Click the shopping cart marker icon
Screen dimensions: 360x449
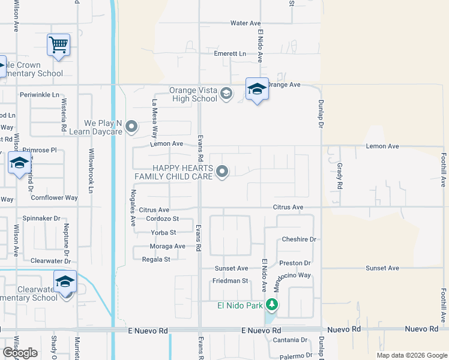tap(58, 44)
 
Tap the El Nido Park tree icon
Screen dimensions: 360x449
tap(272, 305)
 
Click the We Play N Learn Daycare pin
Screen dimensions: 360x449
tap(132, 127)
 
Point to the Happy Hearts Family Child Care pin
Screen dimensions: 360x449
tap(222, 172)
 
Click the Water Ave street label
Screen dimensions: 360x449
tap(245, 23)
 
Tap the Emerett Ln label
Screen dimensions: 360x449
tap(231, 54)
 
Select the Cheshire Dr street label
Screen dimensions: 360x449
tap(299, 239)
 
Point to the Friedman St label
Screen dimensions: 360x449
tap(230, 281)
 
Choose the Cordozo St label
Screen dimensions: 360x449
tap(162, 219)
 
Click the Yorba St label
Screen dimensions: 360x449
tap(164, 232)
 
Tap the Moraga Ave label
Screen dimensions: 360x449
tap(167, 247)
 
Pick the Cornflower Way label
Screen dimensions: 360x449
tap(55, 197)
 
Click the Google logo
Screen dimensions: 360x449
tap(20, 353)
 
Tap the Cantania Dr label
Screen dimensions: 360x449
tap(290, 340)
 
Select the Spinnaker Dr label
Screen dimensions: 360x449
tap(41, 219)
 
